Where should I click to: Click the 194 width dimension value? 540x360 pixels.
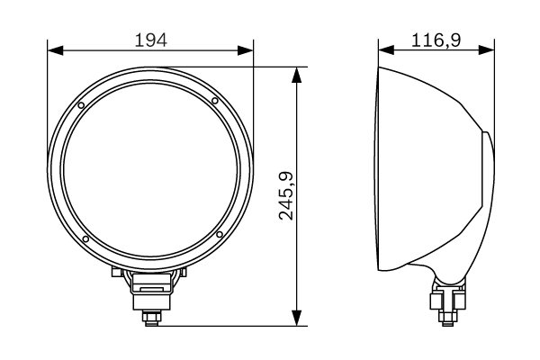[150, 39]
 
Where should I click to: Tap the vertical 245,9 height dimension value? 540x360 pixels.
[287, 195]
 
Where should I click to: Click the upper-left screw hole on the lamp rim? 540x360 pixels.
[82, 106]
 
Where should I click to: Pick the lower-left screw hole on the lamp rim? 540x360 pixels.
[85, 239]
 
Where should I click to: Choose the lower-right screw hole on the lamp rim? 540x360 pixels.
[219, 235]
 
